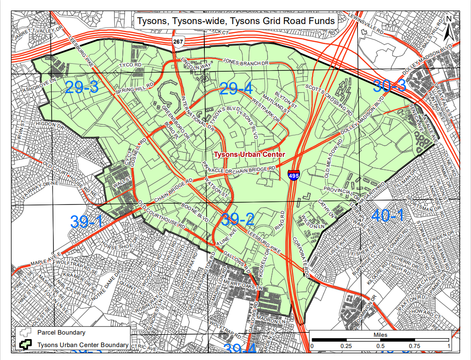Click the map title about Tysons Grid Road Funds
pos(235,21)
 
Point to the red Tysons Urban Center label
pos(249,155)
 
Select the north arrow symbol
pos(449,28)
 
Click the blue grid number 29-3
pos(81,87)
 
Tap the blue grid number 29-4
pos(236,89)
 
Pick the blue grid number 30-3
pos(389,85)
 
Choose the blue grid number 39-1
pos(86,221)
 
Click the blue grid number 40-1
pos(387,216)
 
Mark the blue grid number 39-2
pos(238,219)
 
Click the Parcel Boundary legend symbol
pos(26,333)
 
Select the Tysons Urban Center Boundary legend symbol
pos(26,344)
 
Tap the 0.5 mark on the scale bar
pos(380,346)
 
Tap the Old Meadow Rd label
pos(333,159)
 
